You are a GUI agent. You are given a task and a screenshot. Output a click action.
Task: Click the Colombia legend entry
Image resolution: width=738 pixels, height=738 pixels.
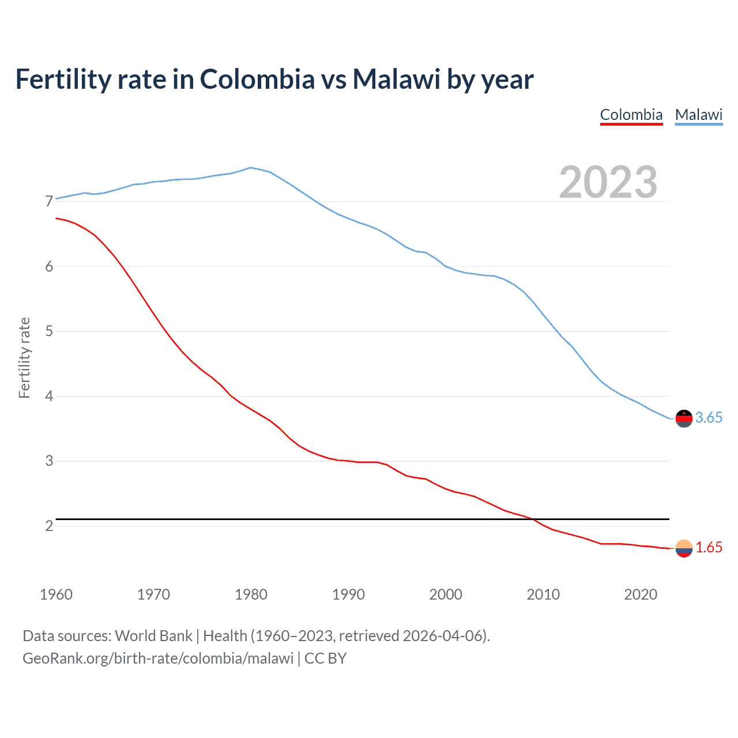coord(631,115)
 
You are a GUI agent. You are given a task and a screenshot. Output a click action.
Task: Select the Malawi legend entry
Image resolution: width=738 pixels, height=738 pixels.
coord(699,115)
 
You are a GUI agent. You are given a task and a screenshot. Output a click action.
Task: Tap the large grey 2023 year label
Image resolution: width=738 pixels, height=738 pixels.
coord(608,182)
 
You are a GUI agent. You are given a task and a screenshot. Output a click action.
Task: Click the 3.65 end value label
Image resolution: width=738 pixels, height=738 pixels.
coord(709,418)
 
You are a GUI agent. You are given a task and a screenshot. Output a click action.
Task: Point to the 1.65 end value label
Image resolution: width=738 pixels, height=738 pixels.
coord(709,548)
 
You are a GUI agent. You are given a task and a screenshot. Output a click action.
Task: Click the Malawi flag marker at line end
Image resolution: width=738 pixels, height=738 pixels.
coord(684,418)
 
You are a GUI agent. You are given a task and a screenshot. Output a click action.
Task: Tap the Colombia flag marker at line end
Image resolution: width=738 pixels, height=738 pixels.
coord(684,548)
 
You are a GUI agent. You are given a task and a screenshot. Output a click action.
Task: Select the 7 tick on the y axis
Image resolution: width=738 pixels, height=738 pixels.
coord(49,202)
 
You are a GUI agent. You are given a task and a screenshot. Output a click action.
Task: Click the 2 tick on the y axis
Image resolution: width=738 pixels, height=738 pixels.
coord(49,526)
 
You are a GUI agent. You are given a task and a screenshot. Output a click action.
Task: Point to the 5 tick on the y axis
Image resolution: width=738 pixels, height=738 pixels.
coord(49,332)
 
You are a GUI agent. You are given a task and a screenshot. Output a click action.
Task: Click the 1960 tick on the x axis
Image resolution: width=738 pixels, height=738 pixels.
coord(56,594)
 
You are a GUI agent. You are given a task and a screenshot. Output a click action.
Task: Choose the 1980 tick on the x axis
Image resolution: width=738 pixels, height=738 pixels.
coord(251,594)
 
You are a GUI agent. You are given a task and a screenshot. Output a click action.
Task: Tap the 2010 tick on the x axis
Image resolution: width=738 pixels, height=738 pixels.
coord(543,594)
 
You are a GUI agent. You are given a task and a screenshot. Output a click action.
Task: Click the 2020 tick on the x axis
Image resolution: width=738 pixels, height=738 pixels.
coord(641,594)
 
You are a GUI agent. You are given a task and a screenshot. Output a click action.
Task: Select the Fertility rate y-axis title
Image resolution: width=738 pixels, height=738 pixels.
coord(24,357)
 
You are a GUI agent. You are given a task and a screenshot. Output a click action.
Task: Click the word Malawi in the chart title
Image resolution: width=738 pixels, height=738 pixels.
coord(396,79)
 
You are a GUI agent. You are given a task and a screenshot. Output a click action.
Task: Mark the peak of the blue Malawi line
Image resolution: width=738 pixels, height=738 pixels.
coord(250,167)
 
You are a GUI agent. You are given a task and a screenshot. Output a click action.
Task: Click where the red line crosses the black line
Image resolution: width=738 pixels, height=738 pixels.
coord(533,519)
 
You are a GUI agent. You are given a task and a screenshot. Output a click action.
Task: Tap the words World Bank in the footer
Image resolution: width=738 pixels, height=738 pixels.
coord(153,636)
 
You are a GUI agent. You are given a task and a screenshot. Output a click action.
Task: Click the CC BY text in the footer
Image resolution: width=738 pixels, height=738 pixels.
coord(325,658)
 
